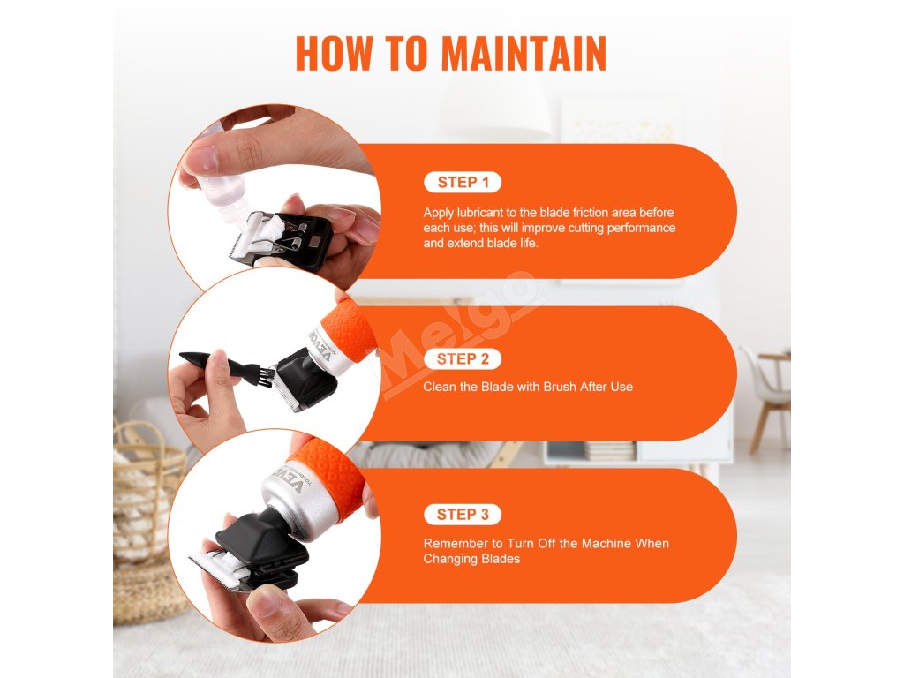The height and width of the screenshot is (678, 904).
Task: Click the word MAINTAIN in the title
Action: pyautogui.click(x=524, y=53)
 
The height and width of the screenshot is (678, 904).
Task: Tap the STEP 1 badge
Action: pyautogui.click(x=463, y=182)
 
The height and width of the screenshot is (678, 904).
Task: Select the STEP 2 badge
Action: pyautogui.click(x=463, y=358)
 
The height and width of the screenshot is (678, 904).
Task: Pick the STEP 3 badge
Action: pyautogui.click(x=463, y=515)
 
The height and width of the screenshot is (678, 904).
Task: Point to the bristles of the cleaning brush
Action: pyautogui.click(x=266, y=374)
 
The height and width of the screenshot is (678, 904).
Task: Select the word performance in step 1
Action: pyautogui.click(x=641, y=229)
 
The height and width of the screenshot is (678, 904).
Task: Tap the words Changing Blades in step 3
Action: pyautogui.click(x=471, y=559)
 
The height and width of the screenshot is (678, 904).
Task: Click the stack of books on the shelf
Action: pyautogui.click(x=609, y=451)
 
